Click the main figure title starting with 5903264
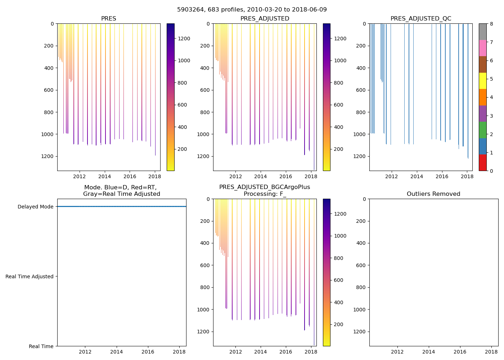(252, 10)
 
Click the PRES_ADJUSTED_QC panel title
(421, 19)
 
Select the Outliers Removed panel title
(433, 194)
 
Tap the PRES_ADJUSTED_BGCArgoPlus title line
(265, 187)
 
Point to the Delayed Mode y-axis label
(35, 207)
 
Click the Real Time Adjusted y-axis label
(30, 276)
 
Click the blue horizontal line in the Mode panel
(122, 207)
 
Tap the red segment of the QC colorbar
(482, 163)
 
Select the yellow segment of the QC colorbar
(482, 81)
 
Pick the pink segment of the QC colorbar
(482, 48)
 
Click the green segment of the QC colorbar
(482, 130)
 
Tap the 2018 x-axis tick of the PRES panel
(155, 176)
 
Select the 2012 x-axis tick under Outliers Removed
(397, 352)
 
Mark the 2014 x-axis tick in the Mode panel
(116, 352)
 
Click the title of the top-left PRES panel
(108, 19)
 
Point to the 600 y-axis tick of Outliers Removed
(362, 265)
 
